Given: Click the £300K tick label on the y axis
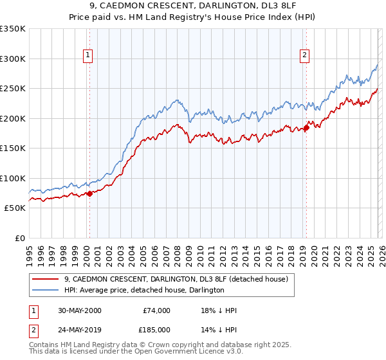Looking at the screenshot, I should point(13,59).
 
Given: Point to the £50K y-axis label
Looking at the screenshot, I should point(15,208).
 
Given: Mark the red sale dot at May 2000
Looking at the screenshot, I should point(89,194).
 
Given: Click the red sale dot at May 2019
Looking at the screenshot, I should point(306,127).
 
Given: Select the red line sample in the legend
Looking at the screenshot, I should point(46,279).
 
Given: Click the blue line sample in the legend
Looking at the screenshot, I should point(46,290).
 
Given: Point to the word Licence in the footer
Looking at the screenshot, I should point(183,352).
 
